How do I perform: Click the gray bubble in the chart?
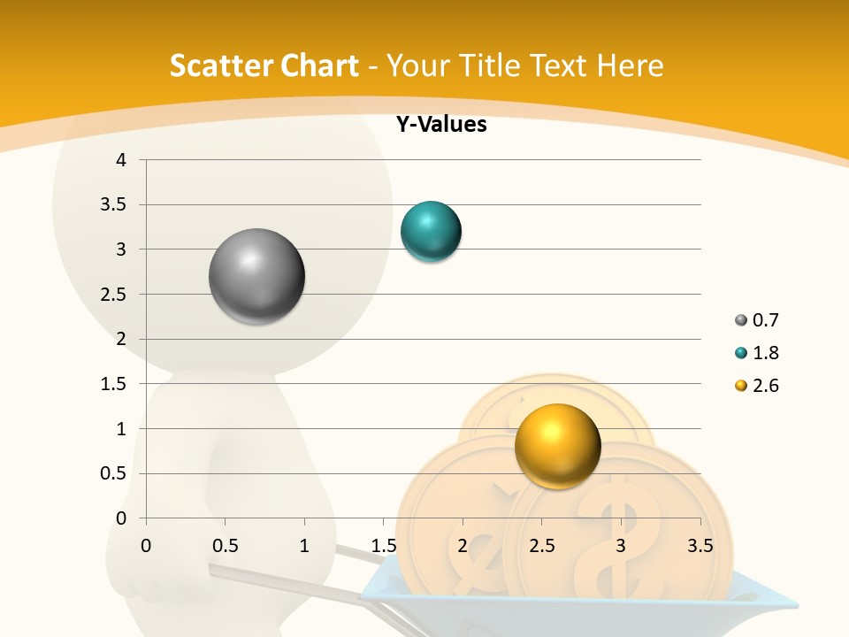257,276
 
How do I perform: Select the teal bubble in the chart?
432,232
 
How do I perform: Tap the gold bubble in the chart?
557,446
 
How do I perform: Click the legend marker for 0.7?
740,320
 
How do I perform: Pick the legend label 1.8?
765,353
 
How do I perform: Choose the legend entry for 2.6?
765,386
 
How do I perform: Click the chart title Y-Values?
440,125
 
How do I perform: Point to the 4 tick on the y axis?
122,160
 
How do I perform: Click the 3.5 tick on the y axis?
115,204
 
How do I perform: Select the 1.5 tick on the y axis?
115,384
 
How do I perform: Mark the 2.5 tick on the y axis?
115,295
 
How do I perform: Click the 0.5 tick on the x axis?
226,546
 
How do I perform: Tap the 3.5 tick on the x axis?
700,546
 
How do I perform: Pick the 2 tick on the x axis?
463,546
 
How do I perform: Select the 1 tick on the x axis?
304,546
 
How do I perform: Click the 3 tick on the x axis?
621,546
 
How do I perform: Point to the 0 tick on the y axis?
122,518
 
